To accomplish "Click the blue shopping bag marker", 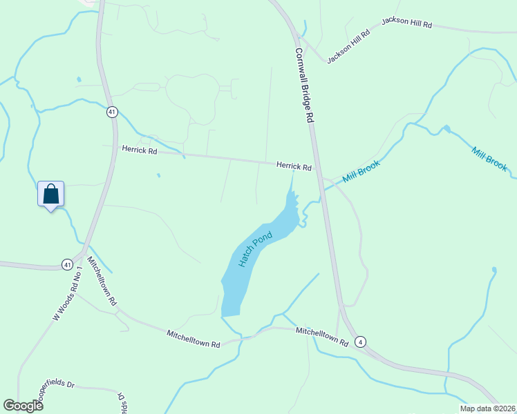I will (x=50, y=194).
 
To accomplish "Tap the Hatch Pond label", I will (x=256, y=248).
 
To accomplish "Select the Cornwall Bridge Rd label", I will (x=305, y=85).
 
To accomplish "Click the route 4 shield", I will (x=360, y=342).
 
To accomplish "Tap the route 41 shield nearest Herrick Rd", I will (x=112, y=112).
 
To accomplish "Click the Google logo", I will (x=23, y=406).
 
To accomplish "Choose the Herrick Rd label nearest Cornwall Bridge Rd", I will (x=294, y=166).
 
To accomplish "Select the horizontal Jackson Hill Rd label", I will (x=406, y=24).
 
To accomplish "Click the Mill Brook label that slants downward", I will (x=489, y=159).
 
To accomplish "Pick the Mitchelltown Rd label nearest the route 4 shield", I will (x=321, y=336).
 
